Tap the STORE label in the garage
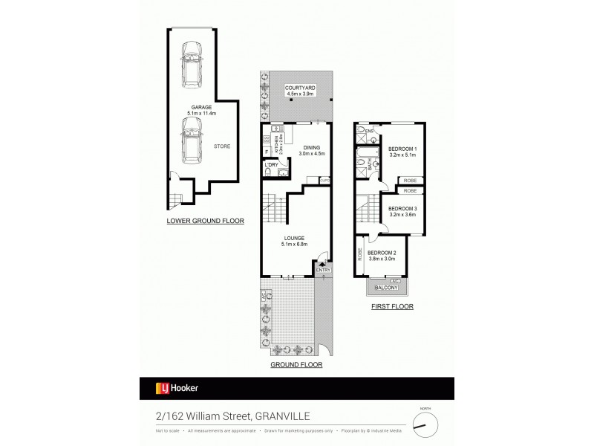(x=223, y=146)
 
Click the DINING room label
(x=313, y=149)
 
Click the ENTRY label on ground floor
(x=322, y=270)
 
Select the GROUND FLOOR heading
(x=296, y=364)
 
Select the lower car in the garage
(x=192, y=141)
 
